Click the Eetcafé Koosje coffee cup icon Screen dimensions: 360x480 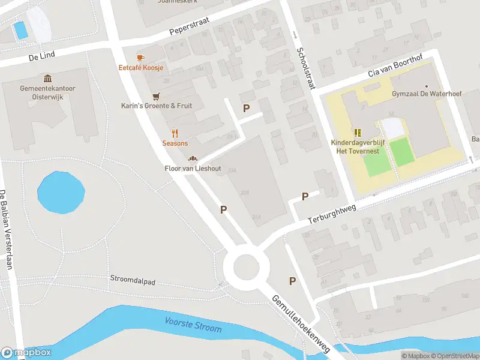[x=140, y=58]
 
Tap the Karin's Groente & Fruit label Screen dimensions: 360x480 [x=157, y=106]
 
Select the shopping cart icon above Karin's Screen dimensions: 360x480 [x=157, y=96]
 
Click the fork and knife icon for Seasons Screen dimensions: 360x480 [x=175, y=133]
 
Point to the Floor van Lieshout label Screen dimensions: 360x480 [x=193, y=168]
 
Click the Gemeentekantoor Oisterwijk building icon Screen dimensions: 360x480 [x=47, y=79]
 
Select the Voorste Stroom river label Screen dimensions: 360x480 [x=193, y=326]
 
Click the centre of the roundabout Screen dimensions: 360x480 [x=245, y=267]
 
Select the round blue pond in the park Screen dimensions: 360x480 [x=61, y=192]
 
